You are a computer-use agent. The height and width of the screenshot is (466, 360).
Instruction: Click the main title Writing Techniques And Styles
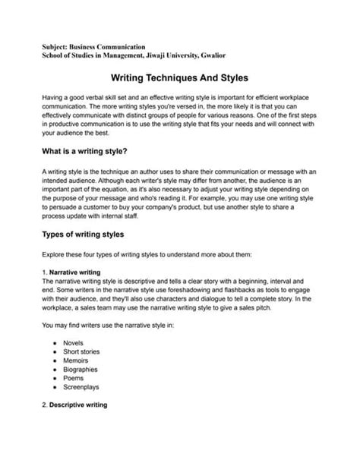179,78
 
